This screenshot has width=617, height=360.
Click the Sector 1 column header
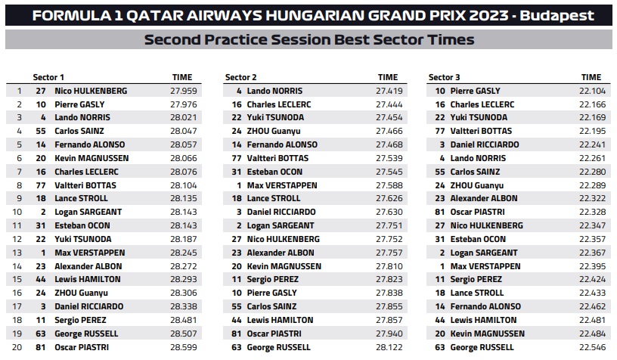(48, 77)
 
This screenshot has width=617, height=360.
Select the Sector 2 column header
(241, 77)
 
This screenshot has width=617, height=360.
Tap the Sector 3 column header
(444, 77)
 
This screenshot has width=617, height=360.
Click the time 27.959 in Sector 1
(184, 91)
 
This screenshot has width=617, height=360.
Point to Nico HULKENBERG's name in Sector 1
(91, 91)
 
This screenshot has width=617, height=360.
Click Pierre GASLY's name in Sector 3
(479, 91)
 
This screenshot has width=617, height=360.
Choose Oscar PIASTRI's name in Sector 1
(82, 347)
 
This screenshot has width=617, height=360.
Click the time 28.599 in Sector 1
(184, 347)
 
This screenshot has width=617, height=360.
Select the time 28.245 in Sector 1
(184, 253)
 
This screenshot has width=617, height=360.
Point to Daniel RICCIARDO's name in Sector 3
(485, 144)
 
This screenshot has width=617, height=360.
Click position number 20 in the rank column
(19, 347)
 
